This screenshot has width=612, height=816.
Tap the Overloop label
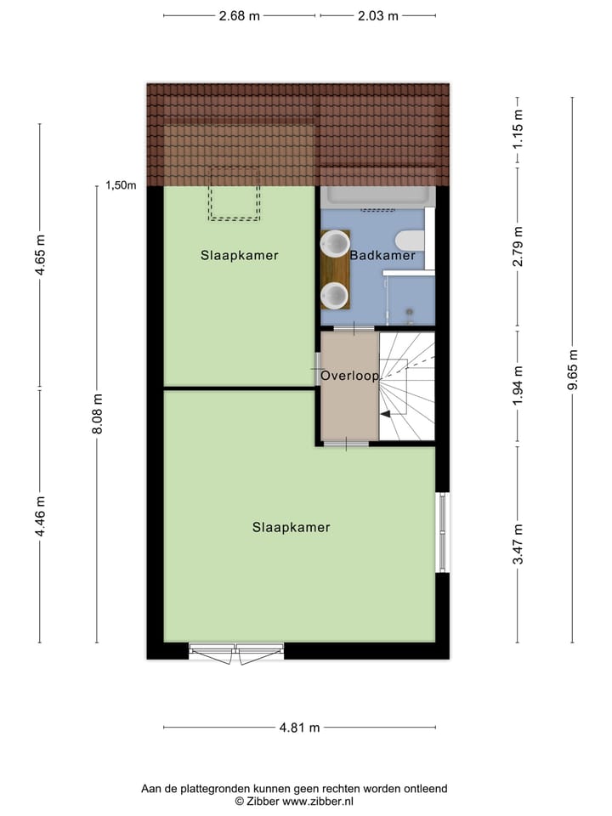click(x=349, y=376)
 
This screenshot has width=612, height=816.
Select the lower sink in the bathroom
click(x=335, y=296)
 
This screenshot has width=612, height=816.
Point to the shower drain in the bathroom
click(x=410, y=311)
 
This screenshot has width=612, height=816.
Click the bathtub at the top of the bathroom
click(x=377, y=197)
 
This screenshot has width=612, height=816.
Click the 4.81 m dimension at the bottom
click(x=299, y=728)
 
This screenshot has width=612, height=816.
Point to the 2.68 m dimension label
click(x=239, y=16)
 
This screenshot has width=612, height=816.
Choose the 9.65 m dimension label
click(x=572, y=370)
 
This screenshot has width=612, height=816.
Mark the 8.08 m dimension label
click(x=97, y=414)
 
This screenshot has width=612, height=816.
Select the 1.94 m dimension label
click(x=518, y=387)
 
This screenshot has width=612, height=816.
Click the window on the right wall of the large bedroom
click(x=441, y=532)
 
